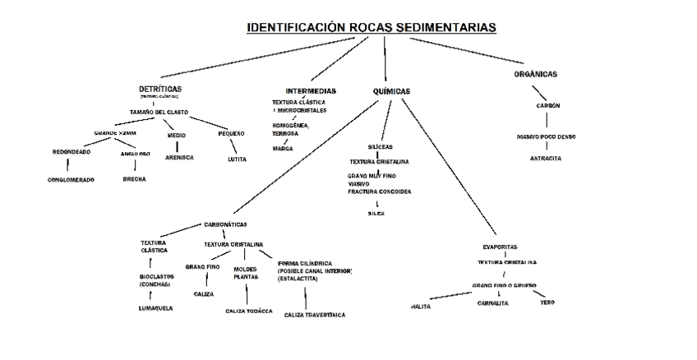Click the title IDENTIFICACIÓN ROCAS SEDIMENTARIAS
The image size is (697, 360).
point(372,28)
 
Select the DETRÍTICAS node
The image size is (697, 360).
point(160,88)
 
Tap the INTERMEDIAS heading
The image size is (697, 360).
point(311,90)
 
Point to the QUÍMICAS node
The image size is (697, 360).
point(391,91)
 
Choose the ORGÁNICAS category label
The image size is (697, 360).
point(535,74)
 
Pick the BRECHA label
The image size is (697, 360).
point(134,178)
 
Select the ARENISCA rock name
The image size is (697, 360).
point(179,157)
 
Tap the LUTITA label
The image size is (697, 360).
point(237,159)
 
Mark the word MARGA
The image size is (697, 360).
point(283,149)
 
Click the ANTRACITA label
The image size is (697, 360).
point(546,158)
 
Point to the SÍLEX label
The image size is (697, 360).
point(376,214)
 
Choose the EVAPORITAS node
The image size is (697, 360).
point(500,247)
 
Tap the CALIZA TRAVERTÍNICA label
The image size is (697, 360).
point(315,315)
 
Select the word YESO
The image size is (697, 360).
point(547,302)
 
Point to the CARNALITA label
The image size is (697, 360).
point(492,302)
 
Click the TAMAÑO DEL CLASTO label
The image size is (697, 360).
point(159,111)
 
